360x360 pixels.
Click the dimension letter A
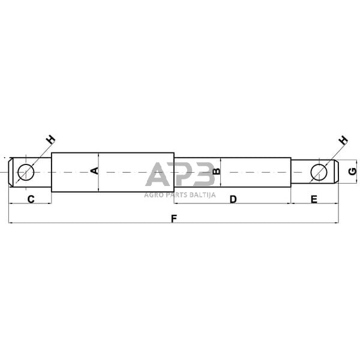point(94,172)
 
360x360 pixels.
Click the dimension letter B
point(217,172)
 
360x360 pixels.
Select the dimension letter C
point(31,198)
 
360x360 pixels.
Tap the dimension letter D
point(233,198)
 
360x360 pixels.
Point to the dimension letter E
point(314,198)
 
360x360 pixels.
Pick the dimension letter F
point(173,218)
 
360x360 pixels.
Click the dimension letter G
point(353,172)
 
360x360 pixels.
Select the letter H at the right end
point(343,140)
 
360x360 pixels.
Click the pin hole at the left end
point(26,172)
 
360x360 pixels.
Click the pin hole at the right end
point(319,172)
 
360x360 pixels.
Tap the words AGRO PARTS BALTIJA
point(180,194)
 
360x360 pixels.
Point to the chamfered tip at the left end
point(11,172)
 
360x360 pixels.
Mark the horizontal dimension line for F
point(90,223)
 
